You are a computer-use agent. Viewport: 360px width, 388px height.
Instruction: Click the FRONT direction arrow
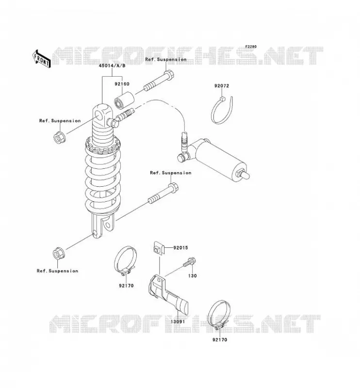pos(41,59)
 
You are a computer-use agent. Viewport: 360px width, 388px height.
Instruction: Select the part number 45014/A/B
pos(112,66)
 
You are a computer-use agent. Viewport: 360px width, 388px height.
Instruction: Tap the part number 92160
pos(122,84)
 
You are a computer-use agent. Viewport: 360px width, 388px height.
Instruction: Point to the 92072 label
pos(222,86)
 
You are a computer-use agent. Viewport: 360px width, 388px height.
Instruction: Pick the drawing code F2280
pos(251,47)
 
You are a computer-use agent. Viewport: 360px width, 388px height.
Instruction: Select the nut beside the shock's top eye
pos(59,137)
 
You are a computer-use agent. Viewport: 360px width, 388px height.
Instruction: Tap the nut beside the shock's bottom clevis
pos(59,253)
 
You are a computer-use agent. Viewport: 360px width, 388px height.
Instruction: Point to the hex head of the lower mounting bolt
pos(173,187)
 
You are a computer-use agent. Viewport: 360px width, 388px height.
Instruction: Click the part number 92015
pos(180,247)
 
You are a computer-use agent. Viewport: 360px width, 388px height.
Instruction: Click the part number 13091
pos(178,322)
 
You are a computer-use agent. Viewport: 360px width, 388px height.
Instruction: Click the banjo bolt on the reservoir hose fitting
pos(183,157)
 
